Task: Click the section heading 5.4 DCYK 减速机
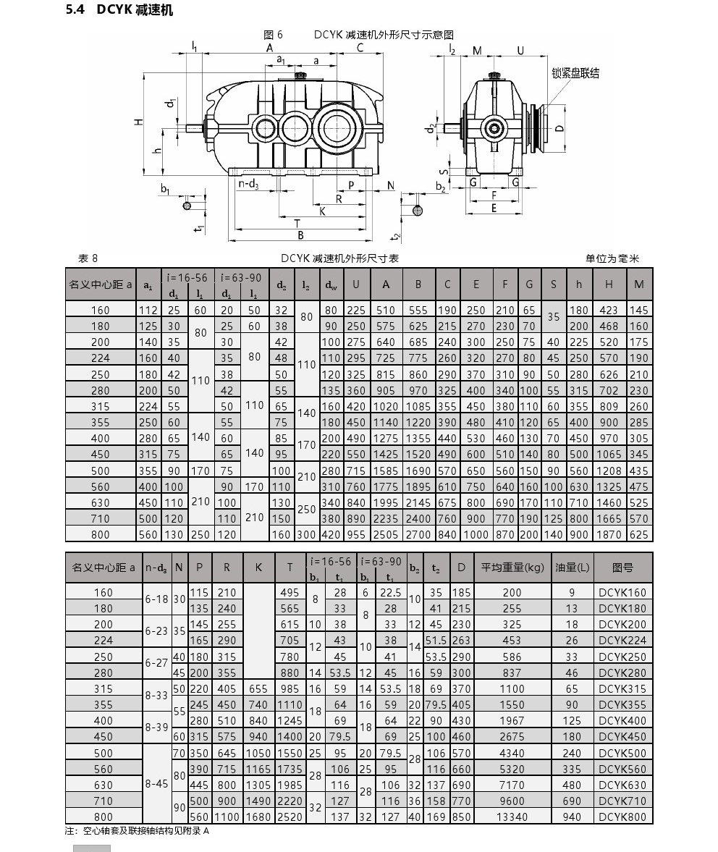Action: (119, 10)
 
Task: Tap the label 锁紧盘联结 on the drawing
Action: (575, 73)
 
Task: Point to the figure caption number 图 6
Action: (273, 35)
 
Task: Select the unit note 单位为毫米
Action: (612, 258)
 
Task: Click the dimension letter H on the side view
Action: (140, 122)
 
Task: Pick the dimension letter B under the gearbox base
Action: (300, 235)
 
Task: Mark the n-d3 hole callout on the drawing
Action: (248, 184)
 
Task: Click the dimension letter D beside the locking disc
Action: (560, 128)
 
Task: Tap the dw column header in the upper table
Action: (331, 284)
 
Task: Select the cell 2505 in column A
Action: (386, 534)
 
